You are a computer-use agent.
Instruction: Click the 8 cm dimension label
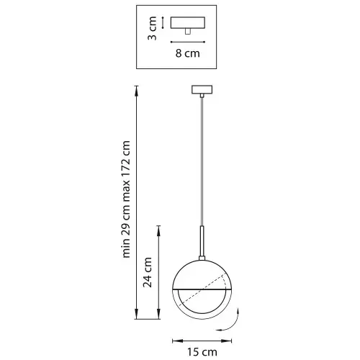[x=187, y=53]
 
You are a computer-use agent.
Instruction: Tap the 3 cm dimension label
[x=152, y=28]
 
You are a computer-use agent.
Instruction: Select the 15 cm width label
[x=202, y=352]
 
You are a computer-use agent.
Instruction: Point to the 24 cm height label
[x=148, y=272]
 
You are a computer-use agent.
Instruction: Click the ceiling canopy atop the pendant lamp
[x=202, y=89]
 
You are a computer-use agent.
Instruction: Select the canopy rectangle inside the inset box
[x=188, y=22]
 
